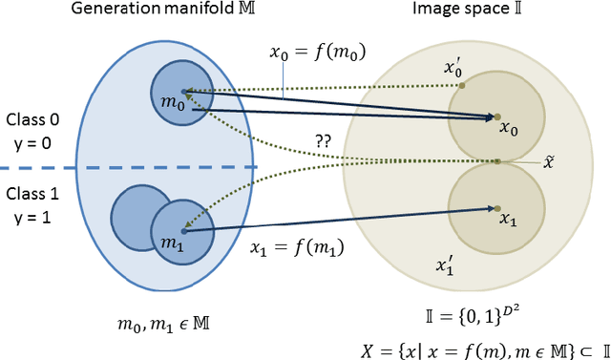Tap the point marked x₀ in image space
(x=496, y=117)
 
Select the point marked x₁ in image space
(x=496, y=207)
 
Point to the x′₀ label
(x=452, y=69)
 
